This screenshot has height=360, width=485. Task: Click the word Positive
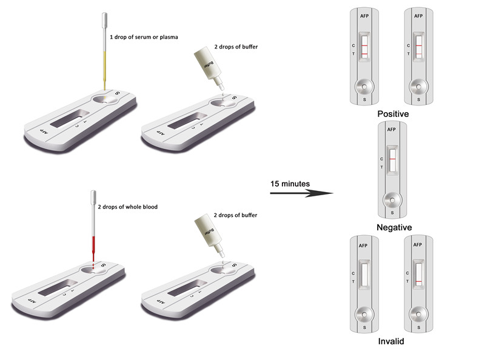(x=393, y=114)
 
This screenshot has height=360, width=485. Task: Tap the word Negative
(x=394, y=227)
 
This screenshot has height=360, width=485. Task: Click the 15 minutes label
(x=290, y=184)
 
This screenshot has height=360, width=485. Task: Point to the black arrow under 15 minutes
(x=301, y=193)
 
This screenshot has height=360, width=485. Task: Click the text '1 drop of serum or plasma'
(x=144, y=37)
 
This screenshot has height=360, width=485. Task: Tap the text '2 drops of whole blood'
(x=127, y=207)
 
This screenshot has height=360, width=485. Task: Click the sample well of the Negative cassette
(x=392, y=200)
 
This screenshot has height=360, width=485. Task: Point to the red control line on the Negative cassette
(x=392, y=159)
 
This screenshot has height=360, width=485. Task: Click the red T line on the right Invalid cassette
(x=418, y=281)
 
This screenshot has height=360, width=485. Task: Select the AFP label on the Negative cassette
(x=391, y=130)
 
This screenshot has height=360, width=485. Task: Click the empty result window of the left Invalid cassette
(x=364, y=275)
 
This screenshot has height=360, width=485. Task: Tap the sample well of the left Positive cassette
(x=364, y=87)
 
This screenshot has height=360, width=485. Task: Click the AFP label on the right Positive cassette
(x=418, y=16)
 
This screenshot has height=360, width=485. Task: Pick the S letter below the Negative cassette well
(x=392, y=213)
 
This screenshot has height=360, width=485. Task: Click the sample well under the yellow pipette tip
(x=105, y=99)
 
